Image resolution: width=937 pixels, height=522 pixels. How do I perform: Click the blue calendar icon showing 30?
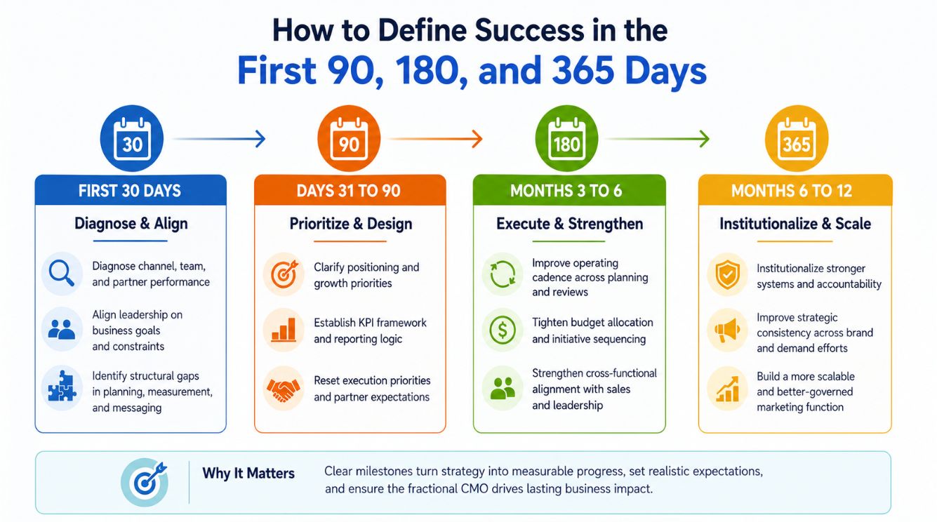(x=132, y=138)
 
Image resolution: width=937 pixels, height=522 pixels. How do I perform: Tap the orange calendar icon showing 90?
(x=349, y=138)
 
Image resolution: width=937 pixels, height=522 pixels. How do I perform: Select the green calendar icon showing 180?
(x=567, y=138)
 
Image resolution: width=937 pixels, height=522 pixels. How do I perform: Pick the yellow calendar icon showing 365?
(x=797, y=138)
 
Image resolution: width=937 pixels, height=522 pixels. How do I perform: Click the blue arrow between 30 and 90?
(x=219, y=139)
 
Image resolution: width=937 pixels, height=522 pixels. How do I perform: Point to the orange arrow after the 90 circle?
(x=435, y=139)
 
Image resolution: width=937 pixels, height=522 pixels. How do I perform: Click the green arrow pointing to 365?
(x=658, y=139)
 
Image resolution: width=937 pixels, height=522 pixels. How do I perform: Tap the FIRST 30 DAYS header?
(x=130, y=191)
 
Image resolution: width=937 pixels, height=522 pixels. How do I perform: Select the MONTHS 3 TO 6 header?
(x=566, y=191)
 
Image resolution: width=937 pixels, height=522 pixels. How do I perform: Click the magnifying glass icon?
(x=62, y=274)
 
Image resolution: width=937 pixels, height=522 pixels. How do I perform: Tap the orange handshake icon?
(x=284, y=389)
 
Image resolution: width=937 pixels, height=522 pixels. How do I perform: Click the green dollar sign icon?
(x=503, y=330)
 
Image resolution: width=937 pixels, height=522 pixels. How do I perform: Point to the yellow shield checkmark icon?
(x=727, y=274)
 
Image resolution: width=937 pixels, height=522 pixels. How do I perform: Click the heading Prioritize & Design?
(x=350, y=224)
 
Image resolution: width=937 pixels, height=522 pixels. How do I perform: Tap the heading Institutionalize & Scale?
(x=795, y=224)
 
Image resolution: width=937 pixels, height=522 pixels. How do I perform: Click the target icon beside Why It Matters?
(x=145, y=482)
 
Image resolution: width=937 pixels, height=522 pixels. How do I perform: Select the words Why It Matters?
(x=248, y=474)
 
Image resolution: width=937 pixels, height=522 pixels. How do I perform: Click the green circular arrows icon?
(x=503, y=274)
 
